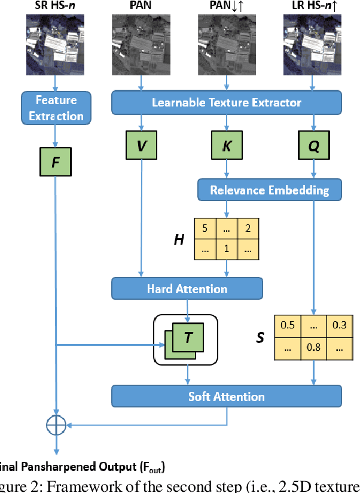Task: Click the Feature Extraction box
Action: point(56,108)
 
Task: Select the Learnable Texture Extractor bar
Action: point(226,102)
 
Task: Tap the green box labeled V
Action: point(141,146)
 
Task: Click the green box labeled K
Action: point(227,146)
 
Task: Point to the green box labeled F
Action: point(56,162)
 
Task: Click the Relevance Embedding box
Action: point(269,190)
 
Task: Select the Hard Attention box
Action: point(187,289)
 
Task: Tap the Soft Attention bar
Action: point(226,396)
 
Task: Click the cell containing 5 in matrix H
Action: point(205,227)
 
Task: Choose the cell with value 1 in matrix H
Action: point(227,247)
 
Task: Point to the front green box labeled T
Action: point(188,337)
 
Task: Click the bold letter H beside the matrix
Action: point(178,239)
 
